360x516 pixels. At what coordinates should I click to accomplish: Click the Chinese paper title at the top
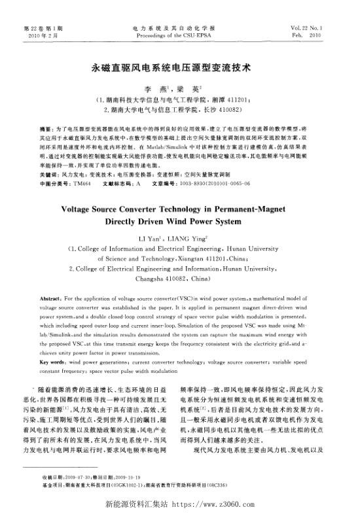tap(179, 67)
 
